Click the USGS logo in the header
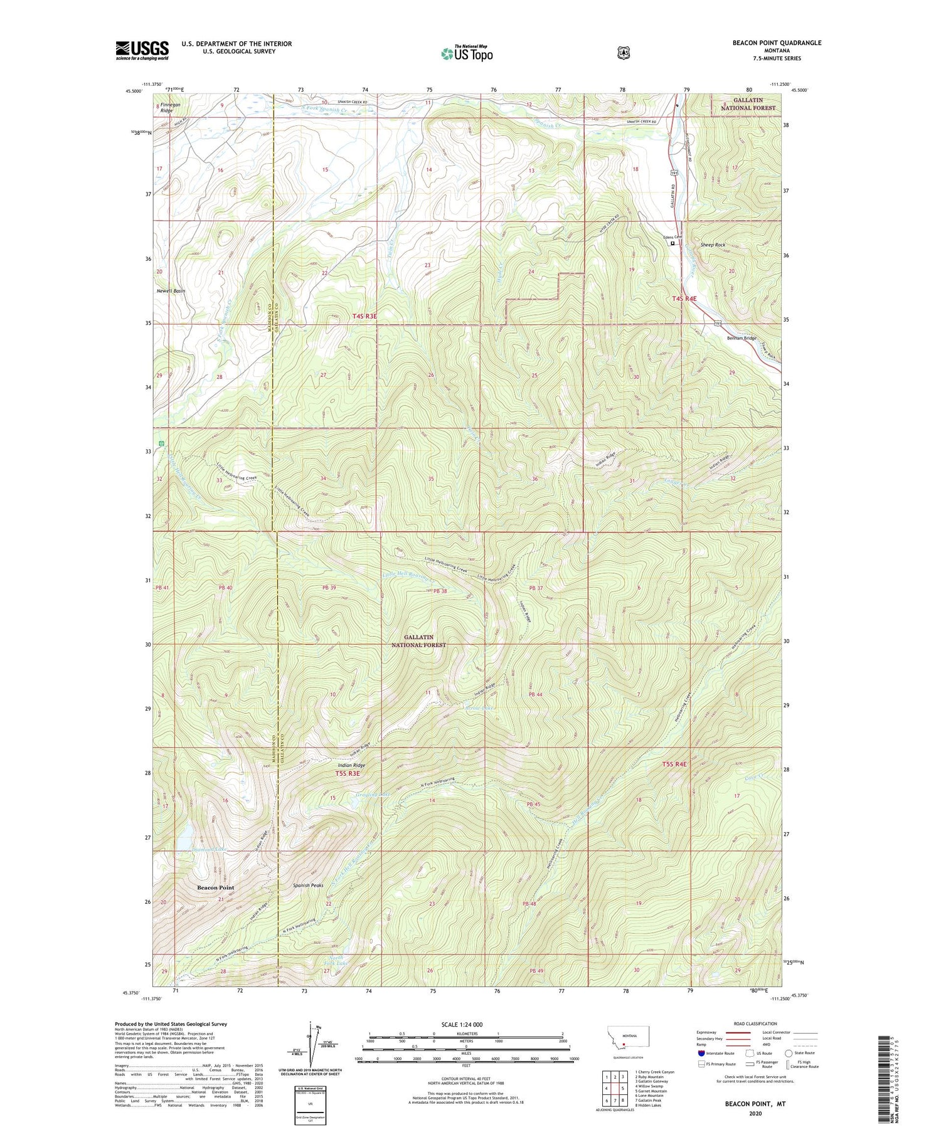click(x=142, y=50)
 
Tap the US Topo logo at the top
click(x=467, y=53)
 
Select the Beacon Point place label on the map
click(x=215, y=887)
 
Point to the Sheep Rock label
click(x=713, y=245)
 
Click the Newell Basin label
click(x=171, y=291)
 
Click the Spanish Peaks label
click(x=308, y=886)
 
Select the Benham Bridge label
click(x=742, y=338)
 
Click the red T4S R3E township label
click(x=364, y=316)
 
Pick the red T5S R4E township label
click(x=674, y=764)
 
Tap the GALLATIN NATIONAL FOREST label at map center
click(x=418, y=640)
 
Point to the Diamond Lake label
click(x=201, y=849)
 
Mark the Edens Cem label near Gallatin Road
click(x=672, y=237)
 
